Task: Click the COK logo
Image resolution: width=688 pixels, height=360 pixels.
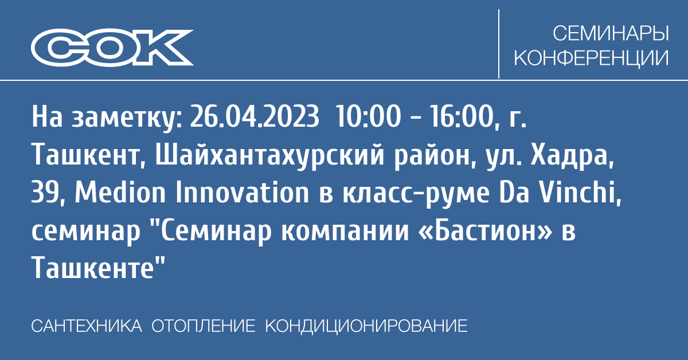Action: pos(112,48)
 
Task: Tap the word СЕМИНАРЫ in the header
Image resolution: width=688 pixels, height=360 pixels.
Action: pos(611,33)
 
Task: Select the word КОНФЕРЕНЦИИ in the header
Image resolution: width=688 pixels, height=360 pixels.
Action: pos(591,58)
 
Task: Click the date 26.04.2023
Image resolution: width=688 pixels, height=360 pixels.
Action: pos(255,116)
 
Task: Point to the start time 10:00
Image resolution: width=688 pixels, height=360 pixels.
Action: pos(369,116)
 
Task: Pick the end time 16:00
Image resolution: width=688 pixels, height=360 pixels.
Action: pos(463,116)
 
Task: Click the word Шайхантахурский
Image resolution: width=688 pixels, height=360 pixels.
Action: pos(269,155)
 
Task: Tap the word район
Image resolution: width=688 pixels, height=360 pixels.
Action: pos(435,156)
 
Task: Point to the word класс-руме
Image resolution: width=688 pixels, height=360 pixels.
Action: pos(416,195)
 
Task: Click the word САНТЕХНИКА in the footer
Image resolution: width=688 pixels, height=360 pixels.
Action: pos(87,326)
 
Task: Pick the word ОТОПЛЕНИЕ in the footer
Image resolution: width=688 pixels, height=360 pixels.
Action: pos(204,326)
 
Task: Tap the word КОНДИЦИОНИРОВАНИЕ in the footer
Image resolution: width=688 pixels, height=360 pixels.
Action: pos(366,326)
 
